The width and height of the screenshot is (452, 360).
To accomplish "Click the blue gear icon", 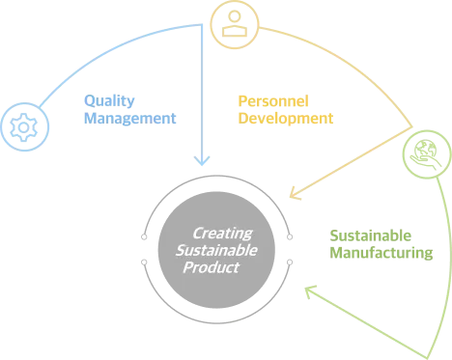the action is point(24,127).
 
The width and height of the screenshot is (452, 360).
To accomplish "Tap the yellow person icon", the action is point(235,23).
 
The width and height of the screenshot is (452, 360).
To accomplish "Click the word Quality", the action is point(109,101).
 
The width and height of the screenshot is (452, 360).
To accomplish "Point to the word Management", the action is point(129,119).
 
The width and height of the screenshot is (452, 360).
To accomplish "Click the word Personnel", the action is point(273,101).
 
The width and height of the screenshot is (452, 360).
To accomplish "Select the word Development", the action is point(286,119).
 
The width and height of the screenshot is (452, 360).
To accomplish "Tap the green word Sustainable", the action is point(371,235).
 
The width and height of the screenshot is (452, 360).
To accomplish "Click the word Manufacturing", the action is point(381,253).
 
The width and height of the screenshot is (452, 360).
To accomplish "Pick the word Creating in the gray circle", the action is point(223,234).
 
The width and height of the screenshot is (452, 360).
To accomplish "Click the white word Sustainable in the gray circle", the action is point(216,251).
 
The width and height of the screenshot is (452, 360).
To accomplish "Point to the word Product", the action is point(212,267).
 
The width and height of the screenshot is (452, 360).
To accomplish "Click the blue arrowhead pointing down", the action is point(202,160).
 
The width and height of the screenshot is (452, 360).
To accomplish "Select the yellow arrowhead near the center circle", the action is point(295,193).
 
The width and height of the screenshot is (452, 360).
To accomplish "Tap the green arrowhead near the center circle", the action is point(310,291).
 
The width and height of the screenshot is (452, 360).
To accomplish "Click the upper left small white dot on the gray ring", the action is point(144,237).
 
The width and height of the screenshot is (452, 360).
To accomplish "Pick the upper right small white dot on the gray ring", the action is point(290,237).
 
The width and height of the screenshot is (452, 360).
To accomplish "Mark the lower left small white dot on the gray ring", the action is point(144,263).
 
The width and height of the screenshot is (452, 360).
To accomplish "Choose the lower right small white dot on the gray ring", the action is point(290,263).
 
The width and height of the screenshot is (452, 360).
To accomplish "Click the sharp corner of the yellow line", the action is point(412,127).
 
